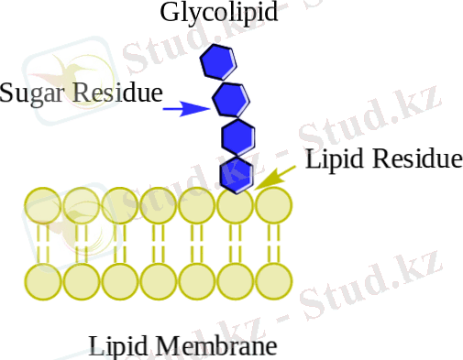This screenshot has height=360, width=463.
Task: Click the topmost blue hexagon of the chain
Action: (218, 61)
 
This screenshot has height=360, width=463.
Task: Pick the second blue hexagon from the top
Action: (229, 97)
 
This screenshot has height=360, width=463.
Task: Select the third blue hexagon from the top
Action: (237, 136)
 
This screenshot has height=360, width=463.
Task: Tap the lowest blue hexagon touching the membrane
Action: (238, 172)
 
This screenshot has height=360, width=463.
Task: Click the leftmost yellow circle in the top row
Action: (42, 205)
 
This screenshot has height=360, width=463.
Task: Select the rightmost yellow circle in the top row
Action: (273, 205)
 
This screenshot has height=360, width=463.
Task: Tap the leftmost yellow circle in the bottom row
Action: (42, 281)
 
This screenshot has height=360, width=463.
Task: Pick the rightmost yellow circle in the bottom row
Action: (273, 281)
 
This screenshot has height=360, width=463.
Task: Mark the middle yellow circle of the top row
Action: (158, 205)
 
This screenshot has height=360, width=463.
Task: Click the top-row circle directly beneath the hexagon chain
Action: (235, 205)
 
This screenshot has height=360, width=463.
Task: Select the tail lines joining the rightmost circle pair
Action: (273, 244)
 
